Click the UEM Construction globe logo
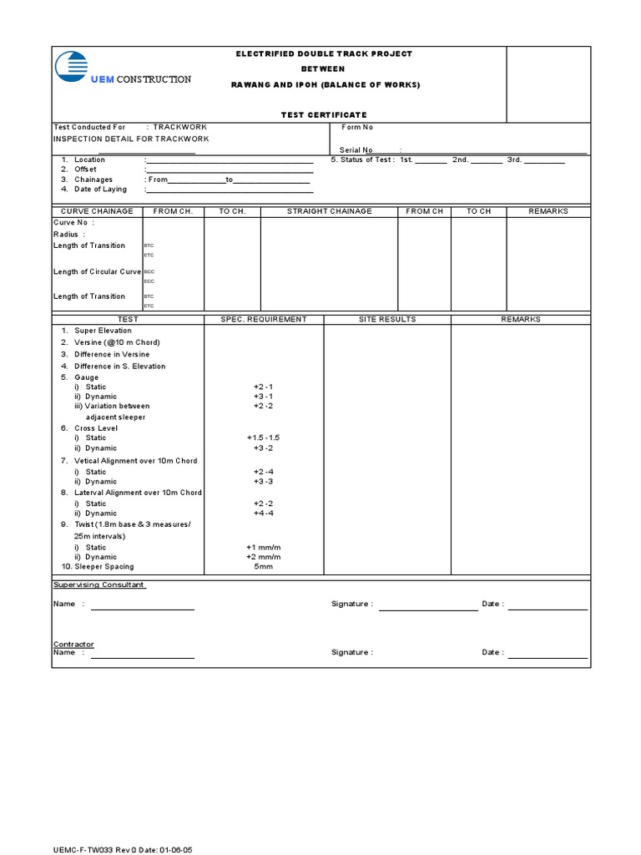(71, 68)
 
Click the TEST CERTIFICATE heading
(323, 114)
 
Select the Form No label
(357, 127)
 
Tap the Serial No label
(356, 150)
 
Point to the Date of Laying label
(100, 190)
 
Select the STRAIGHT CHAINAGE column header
(329, 211)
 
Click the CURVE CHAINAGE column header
(98, 211)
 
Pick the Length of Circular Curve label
(98, 271)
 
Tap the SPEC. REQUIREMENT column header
(263, 319)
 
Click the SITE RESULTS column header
(387, 319)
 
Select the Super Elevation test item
(103, 331)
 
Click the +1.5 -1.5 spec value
(263, 438)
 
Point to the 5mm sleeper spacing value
(263, 566)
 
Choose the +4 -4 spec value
(263, 514)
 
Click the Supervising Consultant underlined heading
(99, 585)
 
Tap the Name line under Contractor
(143, 657)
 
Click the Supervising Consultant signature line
(428, 609)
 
